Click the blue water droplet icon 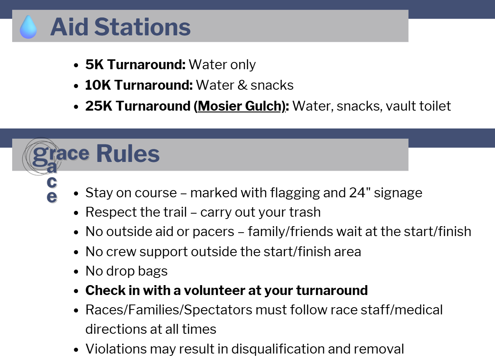[x=28, y=27]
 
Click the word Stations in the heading [x=143, y=27]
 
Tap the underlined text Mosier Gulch [x=239, y=106]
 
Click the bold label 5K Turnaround [x=135, y=65]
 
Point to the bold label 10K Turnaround [x=139, y=85]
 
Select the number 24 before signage [x=357, y=193]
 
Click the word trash [x=305, y=212]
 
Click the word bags [x=153, y=271]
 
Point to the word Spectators [x=218, y=310]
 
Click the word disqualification [x=278, y=349]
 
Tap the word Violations [x=116, y=349]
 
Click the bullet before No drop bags [x=76, y=272]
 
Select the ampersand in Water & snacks [x=242, y=85]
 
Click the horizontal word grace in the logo [x=61, y=155]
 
